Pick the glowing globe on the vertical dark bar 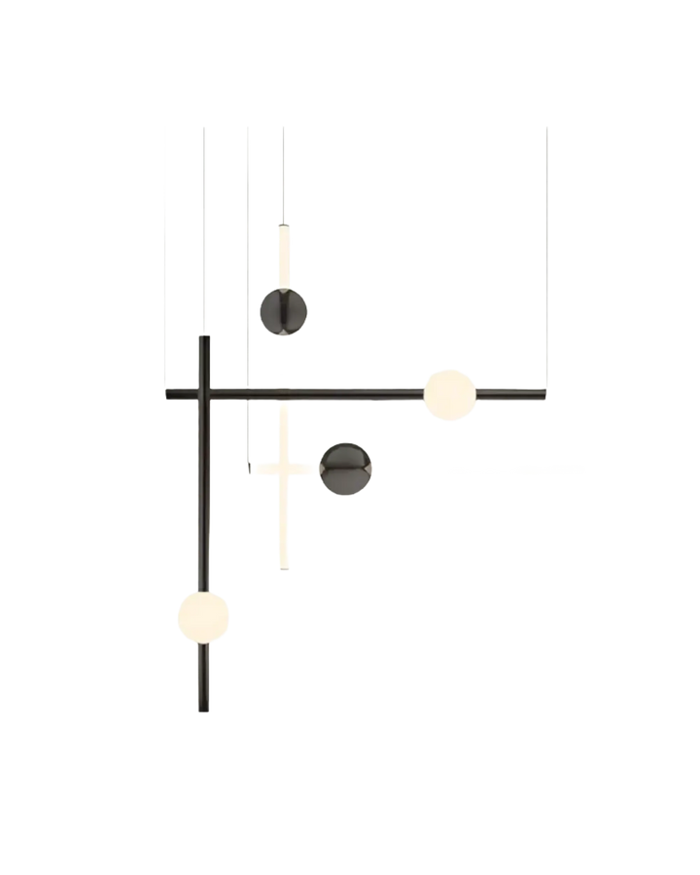tap(203, 613)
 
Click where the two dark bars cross tap(204, 392)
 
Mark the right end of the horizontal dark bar tap(542, 392)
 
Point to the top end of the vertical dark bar tap(204, 338)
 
